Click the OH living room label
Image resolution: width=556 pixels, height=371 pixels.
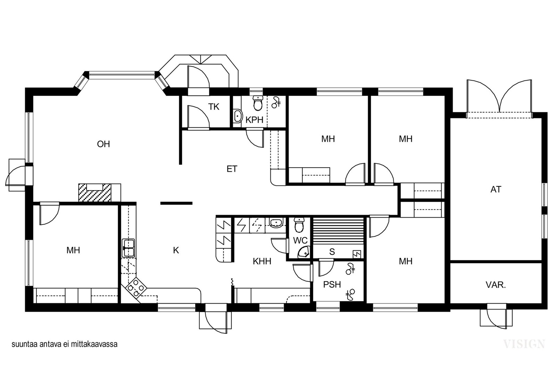pyautogui.click(x=104, y=144)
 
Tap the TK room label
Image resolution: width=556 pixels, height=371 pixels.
pyautogui.click(x=214, y=107)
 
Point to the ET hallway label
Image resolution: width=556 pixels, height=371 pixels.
pyautogui.click(x=232, y=169)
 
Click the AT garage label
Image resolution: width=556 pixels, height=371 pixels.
pyautogui.click(x=496, y=189)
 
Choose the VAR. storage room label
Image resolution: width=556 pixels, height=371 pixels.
pyautogui.click(x=496, y=285)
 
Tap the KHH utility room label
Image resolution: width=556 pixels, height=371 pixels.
pyautogui.click(x=262, y=261)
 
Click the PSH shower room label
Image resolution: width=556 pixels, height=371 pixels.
pyautogui.click(x=332, y=284)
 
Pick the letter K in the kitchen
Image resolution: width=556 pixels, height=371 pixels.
pyautogui.click(x=176, y=250)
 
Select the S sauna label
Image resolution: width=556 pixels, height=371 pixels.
pyautogui.click(x=332, y=251)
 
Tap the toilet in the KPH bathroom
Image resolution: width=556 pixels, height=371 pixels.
pyautogui.click(x=258, y=103)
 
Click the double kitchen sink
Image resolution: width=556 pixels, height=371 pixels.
pyautogui.click(x=128, y=248)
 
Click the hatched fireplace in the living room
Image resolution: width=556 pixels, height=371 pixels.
pyautogui.click(x=95, y=193)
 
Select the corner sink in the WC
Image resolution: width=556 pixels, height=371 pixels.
pyautogui.click(x=304, y=252)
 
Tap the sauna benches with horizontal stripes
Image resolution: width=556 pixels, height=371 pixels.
pyautogui.click(x=338, y=231)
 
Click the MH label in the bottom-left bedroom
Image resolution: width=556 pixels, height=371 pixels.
pyautogui.click(x=73, y=250)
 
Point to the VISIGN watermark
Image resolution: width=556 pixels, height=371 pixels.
pyautogui.click(x=524, y=344)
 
